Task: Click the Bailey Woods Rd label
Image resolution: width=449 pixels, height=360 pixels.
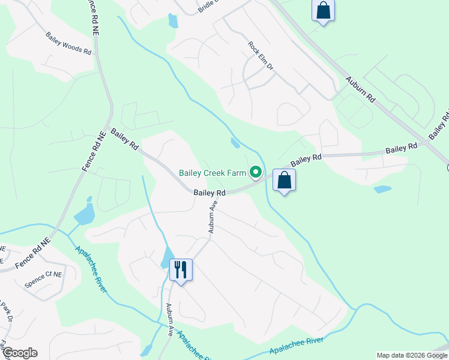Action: (x=68, y=44)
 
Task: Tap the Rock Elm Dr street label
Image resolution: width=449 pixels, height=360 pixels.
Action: (x=261, y=56)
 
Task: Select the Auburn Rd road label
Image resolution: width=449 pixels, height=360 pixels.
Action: (x=360, y=89)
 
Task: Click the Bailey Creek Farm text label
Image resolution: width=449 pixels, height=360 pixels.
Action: (x=212, y=173)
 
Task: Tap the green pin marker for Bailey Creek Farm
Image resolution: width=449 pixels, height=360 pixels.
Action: (x=256, y=173)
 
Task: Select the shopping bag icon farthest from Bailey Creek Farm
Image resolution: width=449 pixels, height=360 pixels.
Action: (x=323, y=10)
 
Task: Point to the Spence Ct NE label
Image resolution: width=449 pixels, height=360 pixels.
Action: (x=43, y=277)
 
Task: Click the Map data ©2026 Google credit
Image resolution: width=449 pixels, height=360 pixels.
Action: (x=412, y=355)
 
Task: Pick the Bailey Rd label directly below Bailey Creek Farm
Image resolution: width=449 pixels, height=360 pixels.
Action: (x=209, y=193)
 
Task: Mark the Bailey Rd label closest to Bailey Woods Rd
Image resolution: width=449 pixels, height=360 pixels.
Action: (x=125, y=138)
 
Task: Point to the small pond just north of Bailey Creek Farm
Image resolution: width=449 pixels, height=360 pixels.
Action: (x=235, y=143)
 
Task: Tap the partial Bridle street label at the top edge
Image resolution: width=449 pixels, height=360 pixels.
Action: (x=207, y=5)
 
